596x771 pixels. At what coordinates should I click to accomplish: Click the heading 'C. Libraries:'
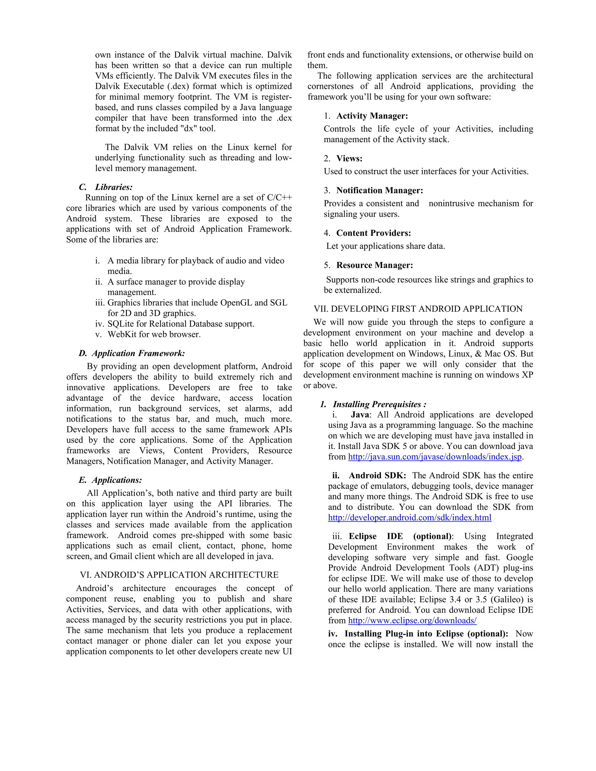106,187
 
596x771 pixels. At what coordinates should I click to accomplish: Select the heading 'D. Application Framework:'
132,353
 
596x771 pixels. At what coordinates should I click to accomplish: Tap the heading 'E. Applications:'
110,480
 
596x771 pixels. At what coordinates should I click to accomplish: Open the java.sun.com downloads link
435,457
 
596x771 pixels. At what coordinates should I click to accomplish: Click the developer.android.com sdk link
409,518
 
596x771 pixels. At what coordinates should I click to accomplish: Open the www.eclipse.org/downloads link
412,621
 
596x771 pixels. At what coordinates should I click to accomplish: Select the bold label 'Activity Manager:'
372,116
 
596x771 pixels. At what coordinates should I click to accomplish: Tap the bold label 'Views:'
349,159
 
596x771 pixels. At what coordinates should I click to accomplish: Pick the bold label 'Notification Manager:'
379,191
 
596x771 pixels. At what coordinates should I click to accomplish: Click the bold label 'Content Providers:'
374,233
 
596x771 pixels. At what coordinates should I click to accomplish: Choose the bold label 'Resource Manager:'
375,265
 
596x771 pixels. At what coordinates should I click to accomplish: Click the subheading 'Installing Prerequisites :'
379,404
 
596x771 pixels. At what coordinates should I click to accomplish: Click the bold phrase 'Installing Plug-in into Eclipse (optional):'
426,634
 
